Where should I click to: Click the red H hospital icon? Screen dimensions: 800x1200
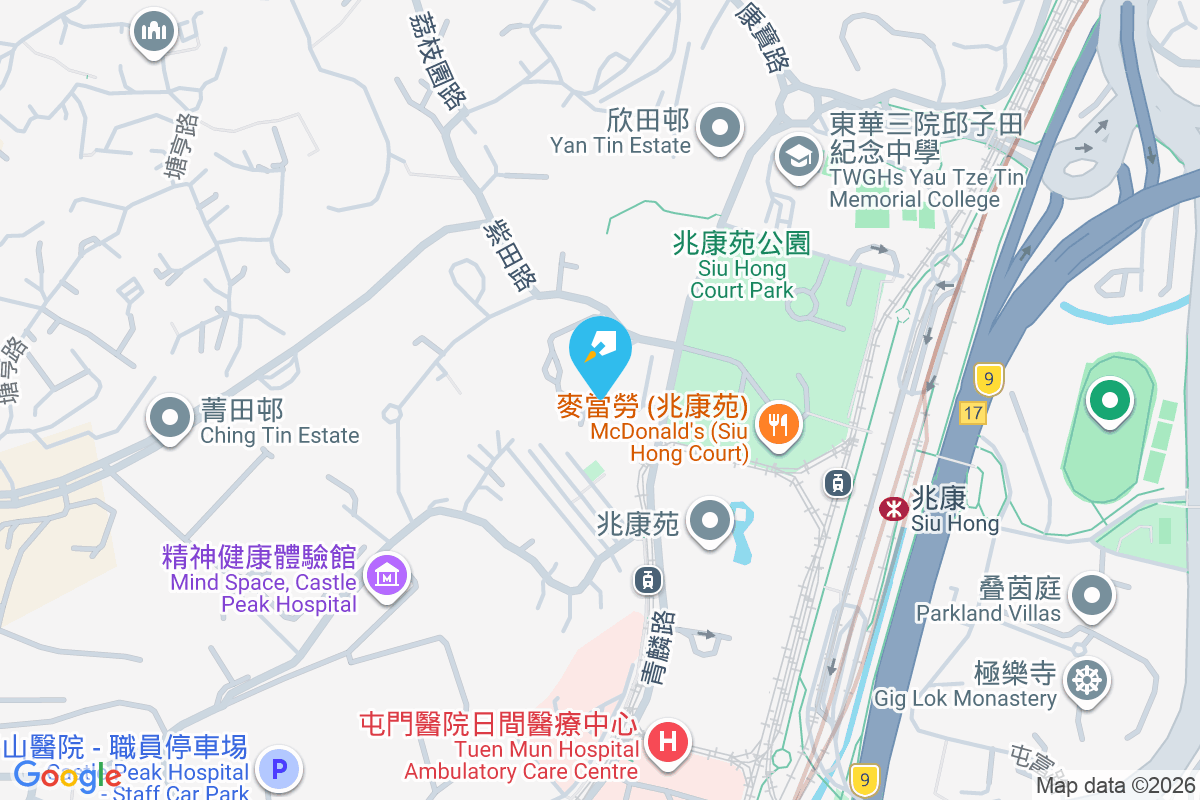click(667, 743)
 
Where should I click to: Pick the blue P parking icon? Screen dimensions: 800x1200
click(278, 770)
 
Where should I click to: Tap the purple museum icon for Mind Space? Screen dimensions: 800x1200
click(385, 575)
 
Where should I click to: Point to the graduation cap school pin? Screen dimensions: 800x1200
click(798, 157)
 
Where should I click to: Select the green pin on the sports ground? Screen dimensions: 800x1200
click(1108, 401)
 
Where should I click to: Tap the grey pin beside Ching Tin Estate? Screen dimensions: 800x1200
click(170, 417)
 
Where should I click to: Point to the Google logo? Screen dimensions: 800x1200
click(67, 774)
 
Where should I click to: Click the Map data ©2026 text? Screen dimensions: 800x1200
click(1115, 785)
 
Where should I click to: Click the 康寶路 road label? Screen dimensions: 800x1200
click(760, 37)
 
